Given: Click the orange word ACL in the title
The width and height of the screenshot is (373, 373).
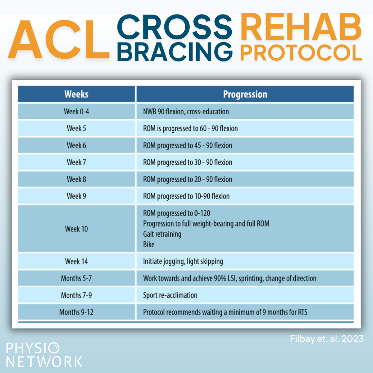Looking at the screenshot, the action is tap(59, 40).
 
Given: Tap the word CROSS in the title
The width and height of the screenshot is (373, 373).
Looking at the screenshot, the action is tap(175, 27).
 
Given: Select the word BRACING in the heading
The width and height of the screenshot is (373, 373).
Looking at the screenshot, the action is tap(175, 52).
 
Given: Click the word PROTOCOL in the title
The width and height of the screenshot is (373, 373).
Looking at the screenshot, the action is tap(301, 52).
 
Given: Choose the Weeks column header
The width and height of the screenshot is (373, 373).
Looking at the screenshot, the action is tap(76, 94).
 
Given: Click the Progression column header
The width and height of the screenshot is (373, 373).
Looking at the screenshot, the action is tap(245, 94).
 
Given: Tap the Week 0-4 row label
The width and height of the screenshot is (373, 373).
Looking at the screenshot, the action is tap(76, 111).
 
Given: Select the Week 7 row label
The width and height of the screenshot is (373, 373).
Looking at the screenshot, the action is tap(76, 162).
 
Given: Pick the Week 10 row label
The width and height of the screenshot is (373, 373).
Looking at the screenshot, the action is tap(76, 229).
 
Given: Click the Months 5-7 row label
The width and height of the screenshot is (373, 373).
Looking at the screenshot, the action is tap(76, 278).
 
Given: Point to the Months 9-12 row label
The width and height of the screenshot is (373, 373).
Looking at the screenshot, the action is tap(76, 312).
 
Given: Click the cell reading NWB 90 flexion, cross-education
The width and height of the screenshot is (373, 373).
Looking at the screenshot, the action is tap(186, 112).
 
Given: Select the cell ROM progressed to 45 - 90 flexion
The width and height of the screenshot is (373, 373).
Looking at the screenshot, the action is tap(188, 146).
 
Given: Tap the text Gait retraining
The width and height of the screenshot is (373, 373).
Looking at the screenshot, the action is tap(162, 234).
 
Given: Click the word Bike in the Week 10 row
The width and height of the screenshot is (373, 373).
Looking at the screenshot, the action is tap(149, 244).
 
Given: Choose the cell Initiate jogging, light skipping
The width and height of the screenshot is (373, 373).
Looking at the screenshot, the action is tap(183, 261).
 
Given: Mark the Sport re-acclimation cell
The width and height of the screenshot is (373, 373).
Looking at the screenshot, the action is tap(170, 295).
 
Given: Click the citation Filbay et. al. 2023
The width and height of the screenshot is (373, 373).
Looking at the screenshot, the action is tap(327, 339).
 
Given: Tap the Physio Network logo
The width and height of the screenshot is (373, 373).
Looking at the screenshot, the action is tap(44, 355).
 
